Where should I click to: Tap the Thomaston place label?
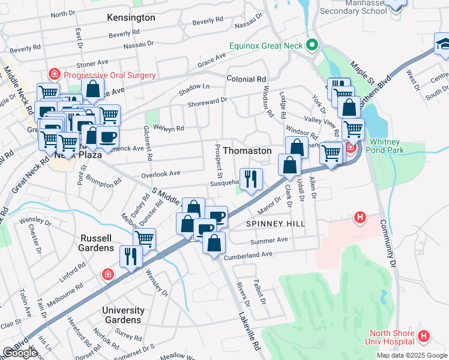[247, 151]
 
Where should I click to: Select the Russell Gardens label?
[97, 247]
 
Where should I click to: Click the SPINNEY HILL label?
[276, 224]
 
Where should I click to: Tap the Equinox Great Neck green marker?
[312, 46]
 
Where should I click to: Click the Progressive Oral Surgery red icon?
[55, 75]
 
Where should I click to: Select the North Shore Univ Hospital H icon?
[424, 337]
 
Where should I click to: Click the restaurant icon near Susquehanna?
[251, 178]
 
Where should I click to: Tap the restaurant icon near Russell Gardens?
[130, 256]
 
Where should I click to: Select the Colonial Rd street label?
[246, 79]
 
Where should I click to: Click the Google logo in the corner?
[20, 353]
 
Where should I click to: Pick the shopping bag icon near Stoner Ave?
[93, 90]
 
